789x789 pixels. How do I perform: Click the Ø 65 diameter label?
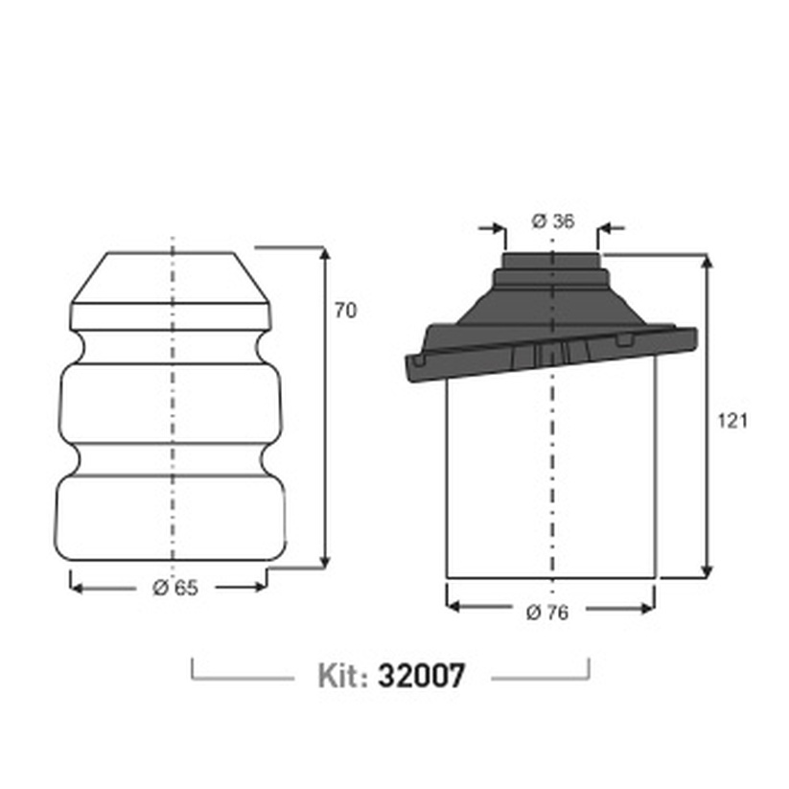tap(175, 588)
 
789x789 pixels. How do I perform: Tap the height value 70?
tap(346, 311)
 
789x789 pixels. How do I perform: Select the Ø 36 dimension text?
tap(553, 220)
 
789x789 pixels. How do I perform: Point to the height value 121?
tap(732, 421)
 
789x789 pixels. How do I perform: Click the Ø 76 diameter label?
tap(547, 613)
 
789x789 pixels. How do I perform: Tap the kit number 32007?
tap(421, 675)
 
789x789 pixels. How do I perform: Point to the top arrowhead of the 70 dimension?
tap(325, 254)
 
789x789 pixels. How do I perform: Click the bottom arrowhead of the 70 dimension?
tap(325, 562)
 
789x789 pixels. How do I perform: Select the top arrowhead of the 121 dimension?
tap(707, 262)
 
